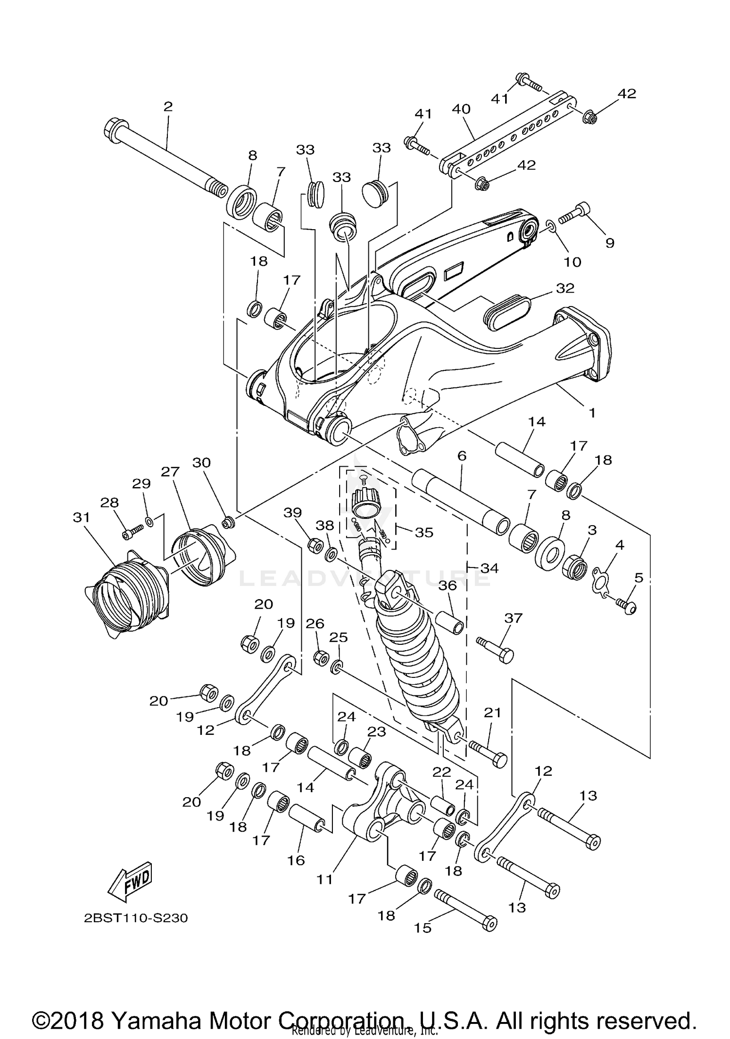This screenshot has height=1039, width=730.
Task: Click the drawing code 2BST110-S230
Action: click(135, 918)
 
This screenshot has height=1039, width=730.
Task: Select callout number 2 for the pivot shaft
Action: click(168, 107)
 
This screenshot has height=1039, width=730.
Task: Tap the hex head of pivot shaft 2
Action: click(113, 128)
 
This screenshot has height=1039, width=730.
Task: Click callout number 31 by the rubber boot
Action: click(81, 517)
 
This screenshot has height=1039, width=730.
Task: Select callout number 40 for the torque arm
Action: click(461, 109)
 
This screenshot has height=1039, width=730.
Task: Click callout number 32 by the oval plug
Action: click(565, 288)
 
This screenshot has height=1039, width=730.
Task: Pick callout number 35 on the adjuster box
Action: click(423, 532)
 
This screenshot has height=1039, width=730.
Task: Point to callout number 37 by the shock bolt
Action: click(513, 618)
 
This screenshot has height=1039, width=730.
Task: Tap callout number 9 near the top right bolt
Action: click(610, 243)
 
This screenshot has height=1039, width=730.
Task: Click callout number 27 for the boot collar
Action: click(170, 472)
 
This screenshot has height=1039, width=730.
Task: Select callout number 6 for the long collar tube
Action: click(462, 456)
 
